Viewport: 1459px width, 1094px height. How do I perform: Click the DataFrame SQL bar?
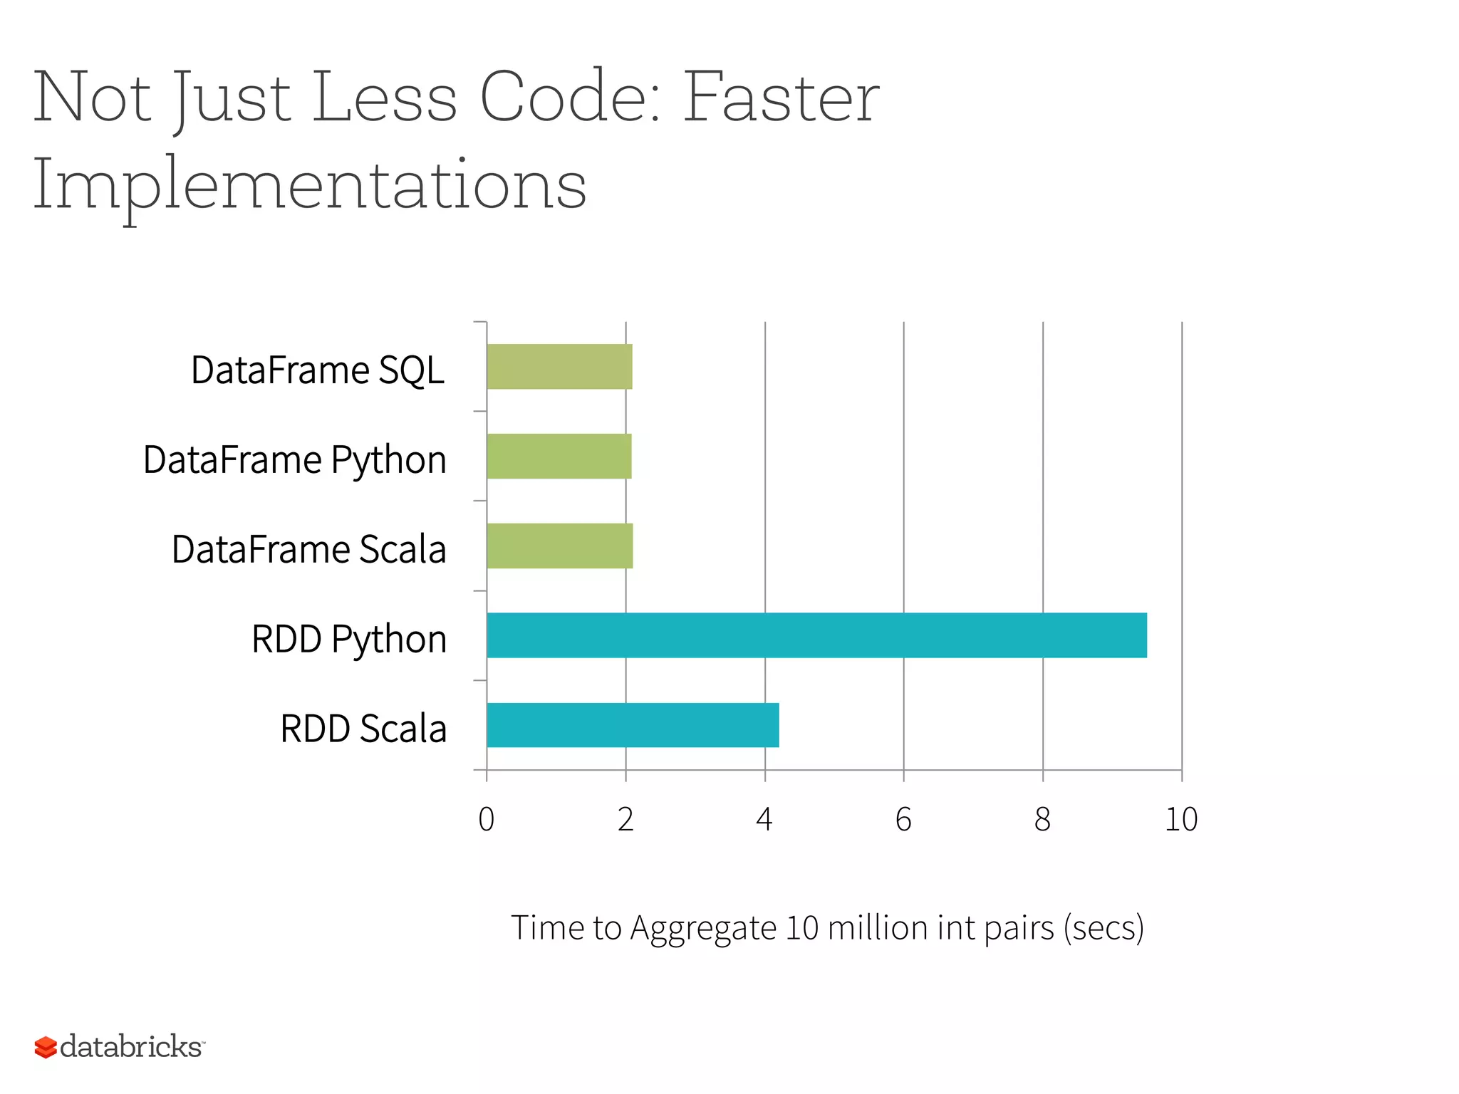click(559, 367)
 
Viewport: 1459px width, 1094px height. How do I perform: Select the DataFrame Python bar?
click(559, 457)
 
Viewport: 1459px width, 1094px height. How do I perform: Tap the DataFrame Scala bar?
click(559, 546)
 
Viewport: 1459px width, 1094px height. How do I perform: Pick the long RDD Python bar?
click(816, 635)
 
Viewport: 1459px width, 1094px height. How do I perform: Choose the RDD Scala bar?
click(633, 725)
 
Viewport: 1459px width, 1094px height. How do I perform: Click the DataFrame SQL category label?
click(318, 370)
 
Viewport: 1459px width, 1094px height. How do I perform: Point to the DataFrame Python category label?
click(295, 460)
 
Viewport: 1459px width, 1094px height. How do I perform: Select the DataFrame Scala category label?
click(309, 550)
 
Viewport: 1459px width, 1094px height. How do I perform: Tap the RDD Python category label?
click(349, 640)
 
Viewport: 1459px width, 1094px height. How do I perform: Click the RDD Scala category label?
click(363, 729)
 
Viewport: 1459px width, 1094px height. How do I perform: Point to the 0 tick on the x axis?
click(487, 820)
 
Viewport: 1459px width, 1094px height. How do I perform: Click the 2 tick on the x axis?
click(625, 820)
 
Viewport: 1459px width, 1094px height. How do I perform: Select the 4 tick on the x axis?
click(764, 820)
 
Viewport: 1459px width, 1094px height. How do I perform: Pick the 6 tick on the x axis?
click(903, 820)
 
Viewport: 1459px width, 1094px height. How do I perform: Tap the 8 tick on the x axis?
click(1042, 820)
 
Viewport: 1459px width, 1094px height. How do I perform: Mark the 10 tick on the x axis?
click(1181, 820)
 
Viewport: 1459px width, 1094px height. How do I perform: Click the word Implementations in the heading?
click(310, 185)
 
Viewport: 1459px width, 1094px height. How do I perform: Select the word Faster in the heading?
click(782, 98)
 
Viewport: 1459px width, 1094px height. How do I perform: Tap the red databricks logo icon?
click(46, 1047)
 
